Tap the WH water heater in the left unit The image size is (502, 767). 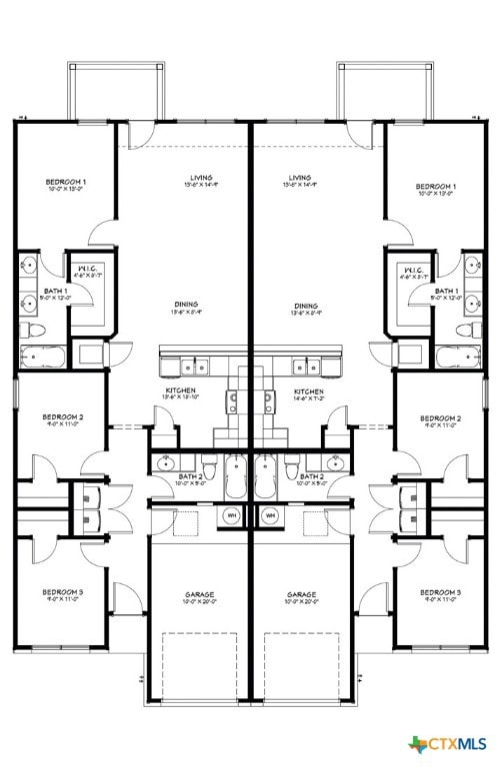click(232, 515)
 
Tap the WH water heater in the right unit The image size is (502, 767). click(270, 515)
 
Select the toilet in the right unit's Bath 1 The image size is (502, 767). click(466, 330)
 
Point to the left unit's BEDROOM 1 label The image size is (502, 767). click(66, 183)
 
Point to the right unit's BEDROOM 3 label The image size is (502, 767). click(440, 592)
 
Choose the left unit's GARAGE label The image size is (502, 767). click(199, 594)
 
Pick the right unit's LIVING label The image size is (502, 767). click(300, 178)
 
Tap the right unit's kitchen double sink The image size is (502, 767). click(304, 365)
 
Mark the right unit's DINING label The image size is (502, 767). click(306, 306)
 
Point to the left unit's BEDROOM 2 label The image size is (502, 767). click(62, 417)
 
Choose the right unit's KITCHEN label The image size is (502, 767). click(308, 390)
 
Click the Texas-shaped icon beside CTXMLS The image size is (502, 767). click(417, 744)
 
